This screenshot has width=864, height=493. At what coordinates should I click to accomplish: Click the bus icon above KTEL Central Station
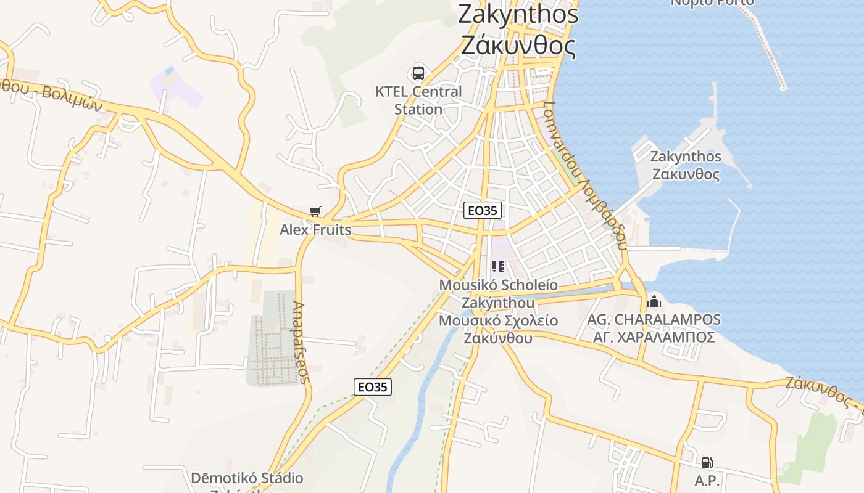click(418, 73)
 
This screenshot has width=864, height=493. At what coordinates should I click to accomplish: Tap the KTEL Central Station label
click(418, 100)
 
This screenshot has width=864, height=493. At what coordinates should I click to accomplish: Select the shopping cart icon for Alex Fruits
click(315, 212)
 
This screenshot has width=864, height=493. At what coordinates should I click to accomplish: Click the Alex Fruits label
click(315, 230)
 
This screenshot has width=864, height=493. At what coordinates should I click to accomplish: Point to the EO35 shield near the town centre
click(482, 210)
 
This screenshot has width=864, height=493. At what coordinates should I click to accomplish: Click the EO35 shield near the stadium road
click(373, 387)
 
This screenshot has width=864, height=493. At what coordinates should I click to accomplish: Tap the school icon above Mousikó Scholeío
click(498, 267)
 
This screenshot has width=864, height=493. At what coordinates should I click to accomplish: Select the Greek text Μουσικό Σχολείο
click(498, 321)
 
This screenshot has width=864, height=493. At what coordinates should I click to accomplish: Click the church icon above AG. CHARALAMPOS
click(654, 301)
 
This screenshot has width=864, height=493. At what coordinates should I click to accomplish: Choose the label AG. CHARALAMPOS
click(654, 319)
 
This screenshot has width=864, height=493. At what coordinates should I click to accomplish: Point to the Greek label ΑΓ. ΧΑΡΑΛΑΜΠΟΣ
click(654, 337)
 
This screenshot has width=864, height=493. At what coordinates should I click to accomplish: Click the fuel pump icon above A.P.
click(707, 462)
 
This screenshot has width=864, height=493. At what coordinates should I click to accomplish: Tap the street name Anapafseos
click(301, 342)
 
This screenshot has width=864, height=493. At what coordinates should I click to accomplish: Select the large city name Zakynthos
click(518, 15)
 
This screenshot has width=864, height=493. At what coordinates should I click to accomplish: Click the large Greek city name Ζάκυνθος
click(518, 46)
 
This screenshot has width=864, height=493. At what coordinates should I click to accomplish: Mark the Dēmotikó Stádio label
click(247, 478)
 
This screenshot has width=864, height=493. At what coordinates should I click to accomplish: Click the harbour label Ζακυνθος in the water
click(686, 174)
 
